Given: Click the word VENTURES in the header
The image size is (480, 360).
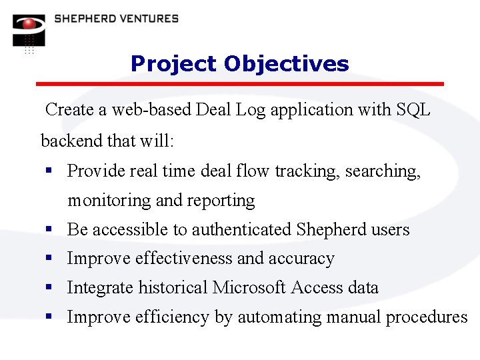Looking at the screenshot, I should click(x=148, y=19).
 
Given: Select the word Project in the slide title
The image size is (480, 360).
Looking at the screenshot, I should click(x=174, y=64).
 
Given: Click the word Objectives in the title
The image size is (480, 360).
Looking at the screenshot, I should click(x=287, y=64).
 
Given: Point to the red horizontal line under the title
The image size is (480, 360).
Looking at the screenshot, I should click(x=239, y=84).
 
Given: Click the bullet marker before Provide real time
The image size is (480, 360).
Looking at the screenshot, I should click(x=49, y=171).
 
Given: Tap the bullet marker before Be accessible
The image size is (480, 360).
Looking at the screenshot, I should click(x=49, y=230).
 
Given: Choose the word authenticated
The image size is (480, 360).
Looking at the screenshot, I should click(x=242, y=230).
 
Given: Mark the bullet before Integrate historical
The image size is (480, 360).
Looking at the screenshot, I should click(x=49, y=288).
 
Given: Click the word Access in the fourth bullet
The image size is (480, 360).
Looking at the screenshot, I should click(x=317, y=288).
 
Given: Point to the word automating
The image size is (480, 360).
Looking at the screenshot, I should click(x=280, y=317).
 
